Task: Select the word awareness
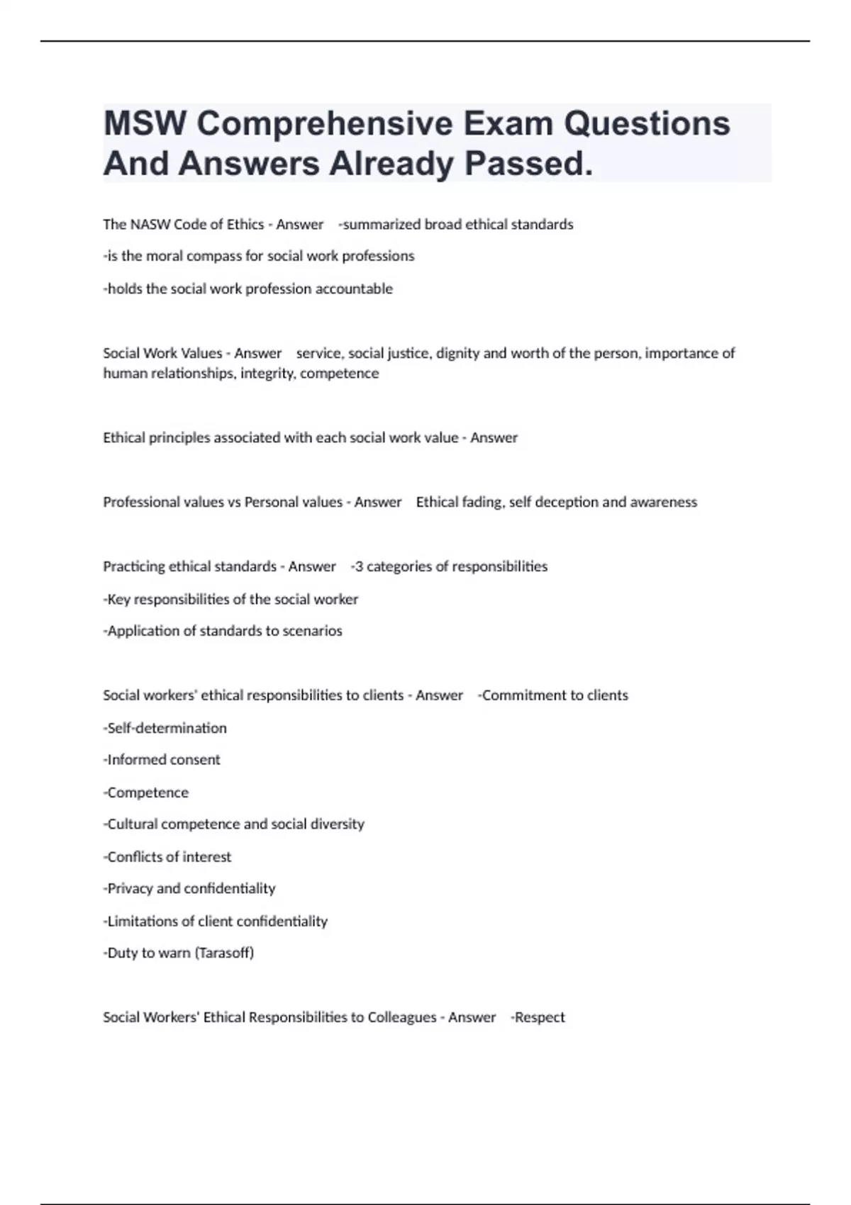(x=664, y=503)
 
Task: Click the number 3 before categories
(x=359, y=567)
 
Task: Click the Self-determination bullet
(x=166, y=729)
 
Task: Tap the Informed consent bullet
(x=162, y=760)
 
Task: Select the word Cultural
(x=133, y=824)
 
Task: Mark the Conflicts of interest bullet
(x=168, y=857)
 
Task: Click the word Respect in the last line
(x=540, y=1018)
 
